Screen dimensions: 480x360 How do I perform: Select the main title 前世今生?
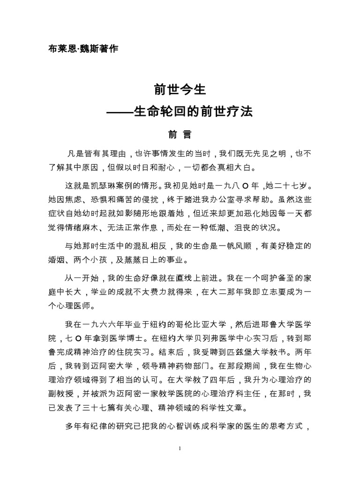pyautogui.click(x=180, y=90)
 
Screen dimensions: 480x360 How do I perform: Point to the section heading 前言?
pyautogui.click(x=180, y=135)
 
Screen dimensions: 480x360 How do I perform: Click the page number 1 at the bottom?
pyautogui.click(x=180, y=449)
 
